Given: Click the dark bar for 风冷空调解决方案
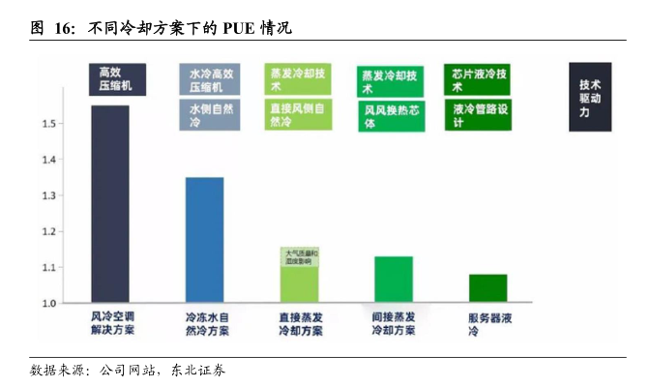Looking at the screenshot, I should click(109, 204).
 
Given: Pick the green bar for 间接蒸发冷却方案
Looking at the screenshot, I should click(393, 280).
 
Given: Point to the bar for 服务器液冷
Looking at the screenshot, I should click(488, 288).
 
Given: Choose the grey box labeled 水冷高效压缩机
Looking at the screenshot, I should click(210, 79).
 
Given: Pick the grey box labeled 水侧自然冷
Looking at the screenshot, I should click(210, 116).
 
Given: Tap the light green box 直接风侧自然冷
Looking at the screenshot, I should click(300, 115).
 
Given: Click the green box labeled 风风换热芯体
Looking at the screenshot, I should click(393, 117).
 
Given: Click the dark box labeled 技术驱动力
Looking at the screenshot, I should click(590, 97).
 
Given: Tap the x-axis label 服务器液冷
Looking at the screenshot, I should click(487, 323).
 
